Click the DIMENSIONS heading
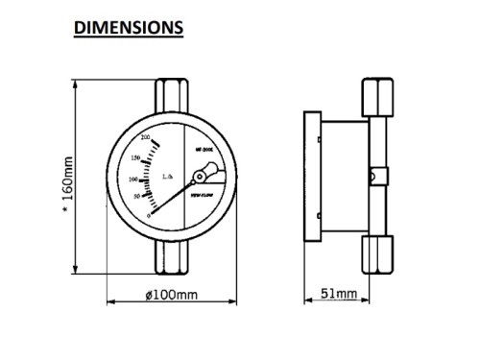pos(129,28)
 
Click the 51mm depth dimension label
pos(339,293)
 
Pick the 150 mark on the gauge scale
pos(136,157)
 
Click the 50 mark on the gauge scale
pos(137,197)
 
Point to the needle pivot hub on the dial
pos(199,177)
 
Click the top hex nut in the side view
pos(373,98)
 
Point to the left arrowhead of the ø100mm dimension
pos(108,300)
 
